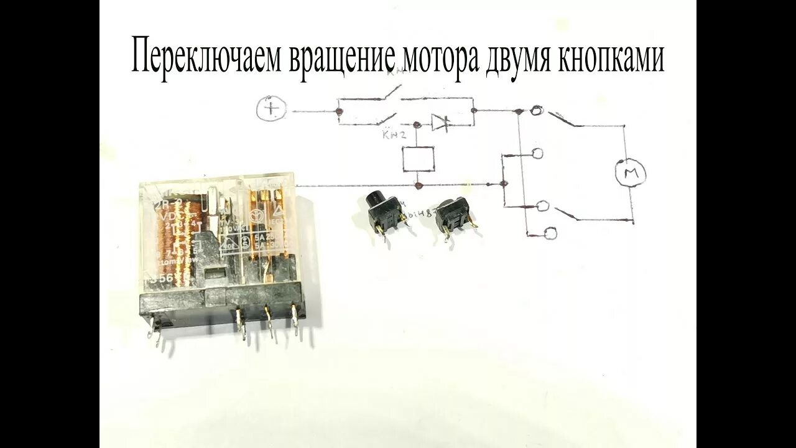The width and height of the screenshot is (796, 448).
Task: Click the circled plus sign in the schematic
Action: click(271, 110)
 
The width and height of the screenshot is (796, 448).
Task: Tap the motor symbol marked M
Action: click(631, 172)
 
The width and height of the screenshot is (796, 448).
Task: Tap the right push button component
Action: click(453, 215)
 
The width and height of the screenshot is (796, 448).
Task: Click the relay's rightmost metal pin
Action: click(295, 320)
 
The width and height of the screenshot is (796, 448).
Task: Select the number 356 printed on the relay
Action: click(155, 280)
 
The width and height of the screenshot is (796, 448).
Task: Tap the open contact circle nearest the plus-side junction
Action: click(536, 111)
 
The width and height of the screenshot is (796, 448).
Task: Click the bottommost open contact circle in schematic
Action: click(550, 233)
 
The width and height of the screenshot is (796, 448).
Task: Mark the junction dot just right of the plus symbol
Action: click(338, 112)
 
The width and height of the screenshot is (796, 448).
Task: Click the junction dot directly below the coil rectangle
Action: click(418, 185)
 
